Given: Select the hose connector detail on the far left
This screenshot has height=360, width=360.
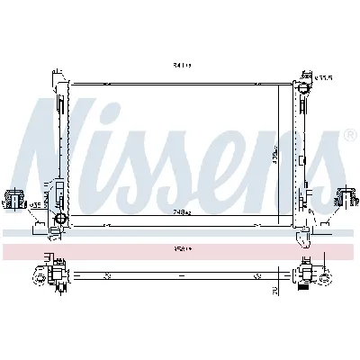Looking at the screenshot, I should [x=15, y=198].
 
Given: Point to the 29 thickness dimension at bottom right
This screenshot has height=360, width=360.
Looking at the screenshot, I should [x=275, y=290].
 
